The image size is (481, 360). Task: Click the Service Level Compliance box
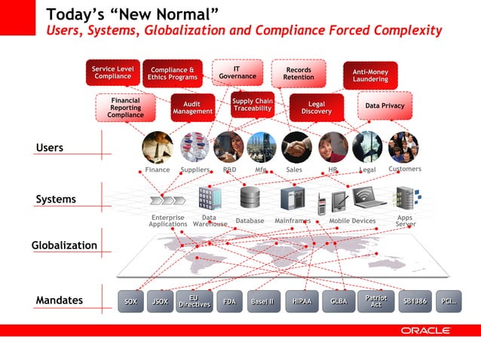tap(112, 72)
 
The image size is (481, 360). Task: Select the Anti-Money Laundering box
tap(370, 75)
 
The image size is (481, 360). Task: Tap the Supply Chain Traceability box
tap(252, 105)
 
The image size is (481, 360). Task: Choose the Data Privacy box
tap(384, 106)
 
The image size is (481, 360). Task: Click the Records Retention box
tap(299, 72)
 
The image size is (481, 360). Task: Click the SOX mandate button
tap(130, 301)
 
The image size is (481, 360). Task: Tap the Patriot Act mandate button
tap(375, 301)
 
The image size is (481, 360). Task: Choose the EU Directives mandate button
tap(193, 301)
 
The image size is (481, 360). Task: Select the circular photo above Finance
tap(158, 147)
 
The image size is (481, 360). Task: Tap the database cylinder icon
tap(250, 198)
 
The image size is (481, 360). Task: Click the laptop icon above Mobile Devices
tap(369, 197)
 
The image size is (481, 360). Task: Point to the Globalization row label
tap(64, 246)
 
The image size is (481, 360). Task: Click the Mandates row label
tap(59, 301)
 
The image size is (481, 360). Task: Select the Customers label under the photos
tap(405, 169)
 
